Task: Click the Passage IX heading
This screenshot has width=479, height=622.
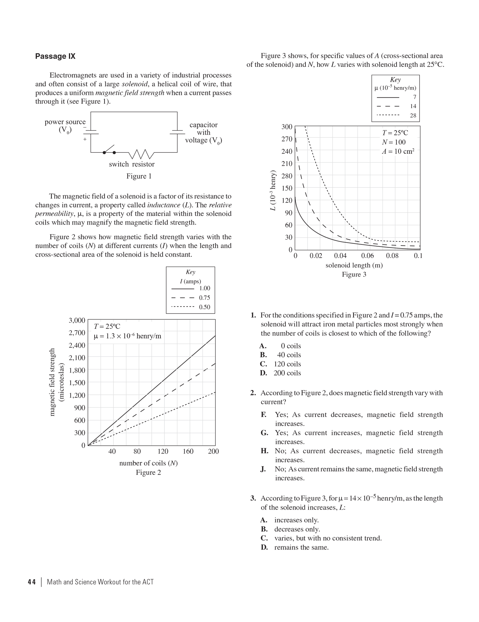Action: (x=55, y=56)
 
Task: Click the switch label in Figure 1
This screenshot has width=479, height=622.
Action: (x=119, y=164)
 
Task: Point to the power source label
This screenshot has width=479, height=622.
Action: (x=65, y=122)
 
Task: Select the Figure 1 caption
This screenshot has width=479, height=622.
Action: (x=139, y=176)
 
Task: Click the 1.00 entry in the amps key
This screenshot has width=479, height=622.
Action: (x=204, y=288)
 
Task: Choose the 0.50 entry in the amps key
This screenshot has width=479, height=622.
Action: (x=204, y=307)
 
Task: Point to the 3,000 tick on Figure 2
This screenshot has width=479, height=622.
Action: (x=77, y=320)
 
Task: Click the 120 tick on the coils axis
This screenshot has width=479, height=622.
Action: (x=163, y=451)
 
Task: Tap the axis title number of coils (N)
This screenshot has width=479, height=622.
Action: (x=148, y=463)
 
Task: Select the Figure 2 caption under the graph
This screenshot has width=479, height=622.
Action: (x=148, y=472)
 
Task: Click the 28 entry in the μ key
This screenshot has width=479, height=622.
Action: (x=413, y=115)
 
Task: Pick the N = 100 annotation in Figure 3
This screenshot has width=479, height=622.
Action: (x=394, y=142)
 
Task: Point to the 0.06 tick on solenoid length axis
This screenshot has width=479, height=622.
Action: (x=367, y=256)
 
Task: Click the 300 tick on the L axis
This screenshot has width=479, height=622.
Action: (x=287, y=127)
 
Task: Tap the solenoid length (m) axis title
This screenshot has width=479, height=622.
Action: (x=354, y=265)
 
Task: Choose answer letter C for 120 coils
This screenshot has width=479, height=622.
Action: (x=263, y=364)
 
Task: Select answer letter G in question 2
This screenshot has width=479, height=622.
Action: (x=264, y=433)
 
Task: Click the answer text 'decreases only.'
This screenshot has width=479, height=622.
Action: (x=297, y=529)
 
